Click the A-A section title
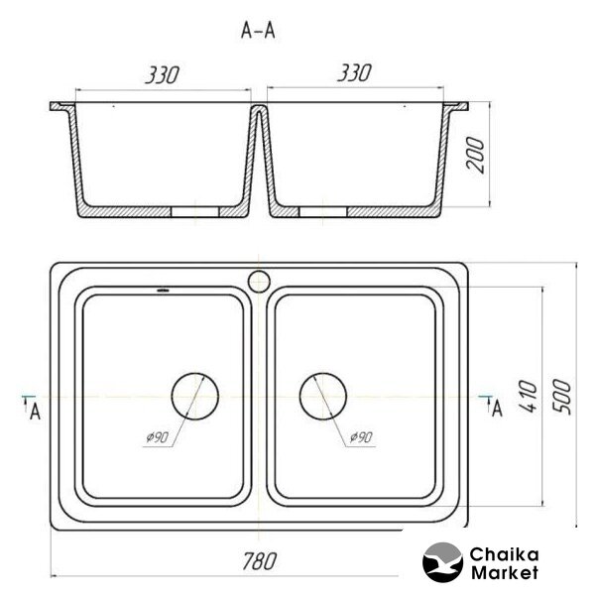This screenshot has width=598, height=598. [258, 30]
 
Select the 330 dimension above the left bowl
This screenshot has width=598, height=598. [162, 74]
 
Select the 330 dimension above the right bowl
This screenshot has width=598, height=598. [354, 72]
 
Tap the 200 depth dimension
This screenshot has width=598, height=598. [475, 156]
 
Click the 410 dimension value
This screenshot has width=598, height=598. [529, 396]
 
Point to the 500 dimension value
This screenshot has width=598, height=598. [562, 397]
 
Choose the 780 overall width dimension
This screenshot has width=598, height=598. [260, 561]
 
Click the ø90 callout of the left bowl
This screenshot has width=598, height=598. [157, 437]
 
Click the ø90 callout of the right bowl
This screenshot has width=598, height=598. [361, 437]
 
